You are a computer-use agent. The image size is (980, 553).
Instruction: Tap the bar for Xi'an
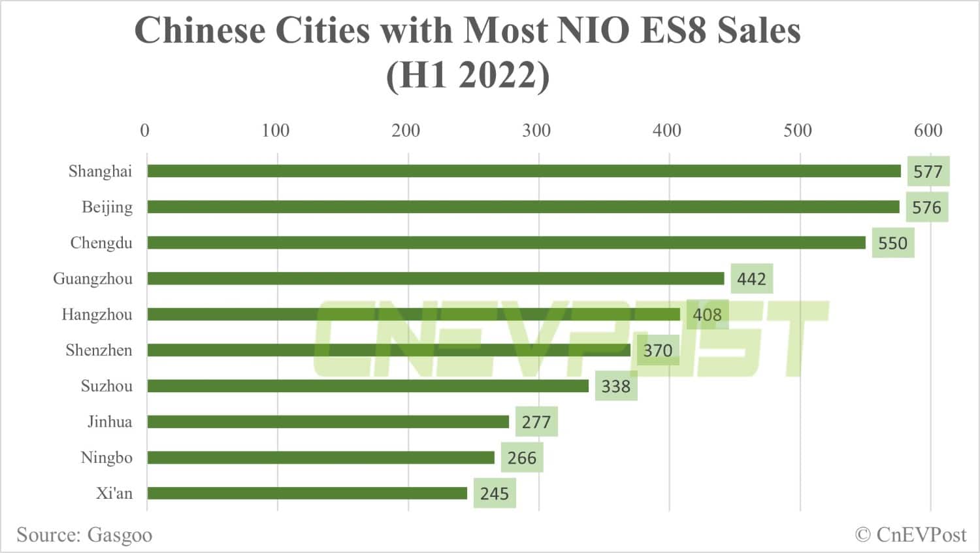307,493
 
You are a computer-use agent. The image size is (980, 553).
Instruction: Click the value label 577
928,172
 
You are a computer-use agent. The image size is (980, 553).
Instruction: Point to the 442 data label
751,279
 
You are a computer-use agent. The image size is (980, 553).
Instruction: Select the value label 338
615,386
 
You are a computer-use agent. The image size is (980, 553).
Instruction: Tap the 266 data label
521,458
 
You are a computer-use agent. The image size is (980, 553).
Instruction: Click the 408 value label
707,315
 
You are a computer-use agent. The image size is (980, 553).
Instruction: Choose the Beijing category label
107,207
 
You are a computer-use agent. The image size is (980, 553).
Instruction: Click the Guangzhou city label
93,279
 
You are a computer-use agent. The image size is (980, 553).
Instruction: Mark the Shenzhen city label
99,350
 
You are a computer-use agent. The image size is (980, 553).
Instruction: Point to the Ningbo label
106,458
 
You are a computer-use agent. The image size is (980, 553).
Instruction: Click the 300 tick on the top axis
536,131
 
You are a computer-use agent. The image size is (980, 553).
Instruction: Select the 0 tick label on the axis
145,131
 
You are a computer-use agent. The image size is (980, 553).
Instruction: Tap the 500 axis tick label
797,131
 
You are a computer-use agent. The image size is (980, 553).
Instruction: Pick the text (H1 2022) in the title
468,75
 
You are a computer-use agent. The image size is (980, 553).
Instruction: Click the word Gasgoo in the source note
120,535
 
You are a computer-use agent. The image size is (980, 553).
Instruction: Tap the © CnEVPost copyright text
910,535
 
